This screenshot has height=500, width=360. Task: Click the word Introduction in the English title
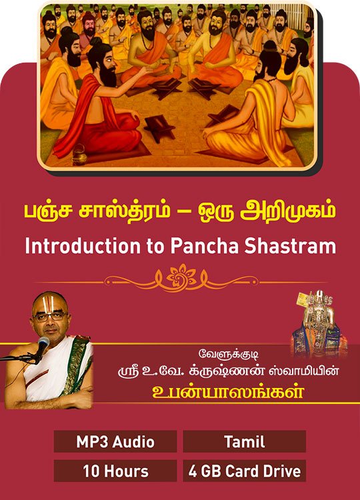pyautogui.click(x=83, y=246)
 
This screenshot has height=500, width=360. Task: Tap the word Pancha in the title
pyautogui.click(x=204, y=246)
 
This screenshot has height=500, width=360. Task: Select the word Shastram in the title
pyautogui.click(x=291, y=246)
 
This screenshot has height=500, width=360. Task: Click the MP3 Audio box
pyautogui.click(x=115, y=441)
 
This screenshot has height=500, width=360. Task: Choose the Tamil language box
pyautogui.click(x=245, y=441)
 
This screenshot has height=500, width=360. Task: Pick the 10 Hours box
pyautogui.click(x=115, y=471)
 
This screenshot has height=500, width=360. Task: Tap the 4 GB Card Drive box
pyautogui.click(x=245, y=471)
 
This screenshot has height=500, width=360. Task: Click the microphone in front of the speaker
pyautogui.click(x=42, y=347)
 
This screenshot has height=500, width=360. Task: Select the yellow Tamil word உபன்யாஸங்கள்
pyautogui.click(x=228, y=392)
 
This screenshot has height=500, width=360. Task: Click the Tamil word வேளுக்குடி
pyautogui.click(x=228, y=355)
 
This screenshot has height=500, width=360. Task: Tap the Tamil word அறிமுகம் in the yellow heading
pyautogui.click(x=287, y=212)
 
